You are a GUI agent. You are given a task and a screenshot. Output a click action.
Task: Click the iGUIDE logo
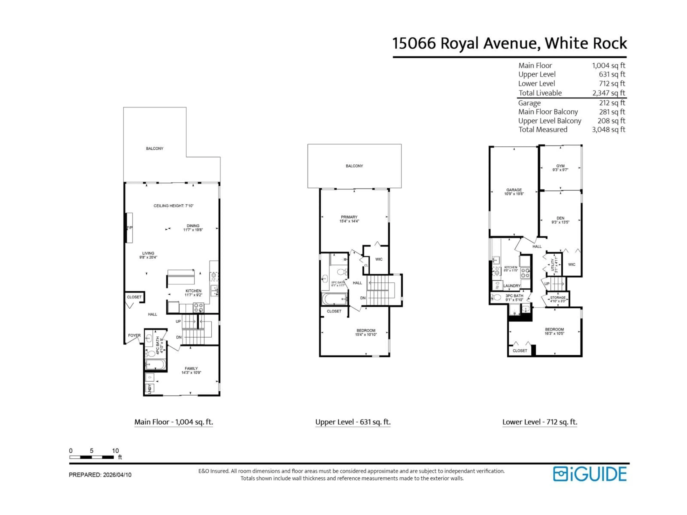pyautogui.click(x=589, y=474)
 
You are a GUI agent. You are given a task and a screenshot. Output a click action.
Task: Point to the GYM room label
pyautogui.click(x=560, y=166)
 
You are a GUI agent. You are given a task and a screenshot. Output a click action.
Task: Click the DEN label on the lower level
pyautogui.click(x=560, y=218)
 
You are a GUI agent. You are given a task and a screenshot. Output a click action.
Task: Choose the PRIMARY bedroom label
pyautogui.click(x=349, y=217)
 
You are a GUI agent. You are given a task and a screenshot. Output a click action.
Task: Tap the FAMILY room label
pyautogui.click(x=191, y=369)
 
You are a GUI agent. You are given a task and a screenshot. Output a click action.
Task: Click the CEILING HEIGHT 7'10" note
pyautogui.click(x=173, y=206)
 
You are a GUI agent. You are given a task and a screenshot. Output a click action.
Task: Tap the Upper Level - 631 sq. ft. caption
pyautogui.click(x=353, y=422)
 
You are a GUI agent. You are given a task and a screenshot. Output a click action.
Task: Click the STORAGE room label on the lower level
pyautogui.click(x=558, y=297)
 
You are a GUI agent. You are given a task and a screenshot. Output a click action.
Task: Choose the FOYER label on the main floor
pyautogui.click(x=134, y=335)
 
